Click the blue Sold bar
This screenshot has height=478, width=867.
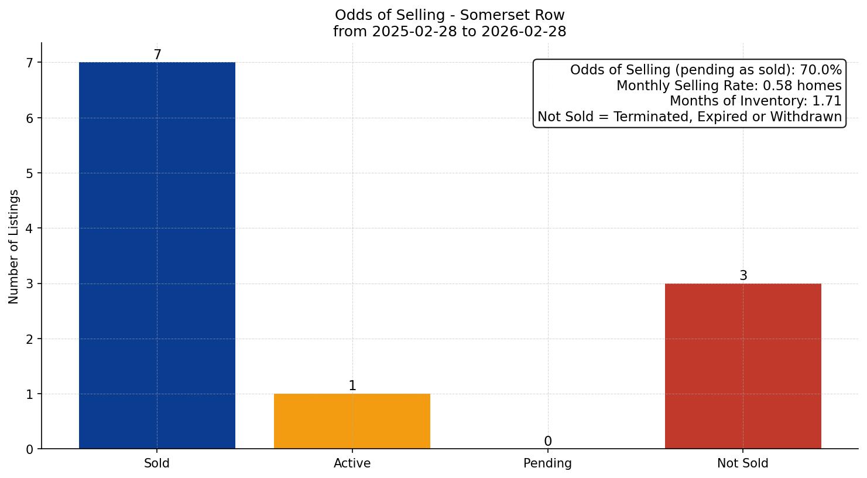click(x=157, y=255)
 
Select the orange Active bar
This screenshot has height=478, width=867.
click(x=352, y=421)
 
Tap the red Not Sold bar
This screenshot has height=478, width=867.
click(x=742, y=366)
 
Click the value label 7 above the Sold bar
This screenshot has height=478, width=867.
click(x=157, y=55)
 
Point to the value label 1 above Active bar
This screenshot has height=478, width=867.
click(x=352, y=386)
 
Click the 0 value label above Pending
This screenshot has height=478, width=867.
click(x=547, y=442)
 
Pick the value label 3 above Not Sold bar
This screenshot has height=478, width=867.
click(x=742, y=276)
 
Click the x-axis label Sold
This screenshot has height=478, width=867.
click(x=157, y=463)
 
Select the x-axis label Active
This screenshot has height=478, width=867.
click(x=352, y=463)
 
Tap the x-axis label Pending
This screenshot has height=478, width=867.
click(x=547, y=463)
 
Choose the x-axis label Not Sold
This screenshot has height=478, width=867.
click(x=742, y=463)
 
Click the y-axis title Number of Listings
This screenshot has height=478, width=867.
click(x=14, y=247)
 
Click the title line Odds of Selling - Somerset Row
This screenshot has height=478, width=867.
click(x=450, y=15)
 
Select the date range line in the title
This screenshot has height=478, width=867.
click(x=450, y=32)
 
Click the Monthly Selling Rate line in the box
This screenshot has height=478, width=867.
click(x=728, y=86)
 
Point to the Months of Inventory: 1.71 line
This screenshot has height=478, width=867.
click(x=755, y=101)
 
